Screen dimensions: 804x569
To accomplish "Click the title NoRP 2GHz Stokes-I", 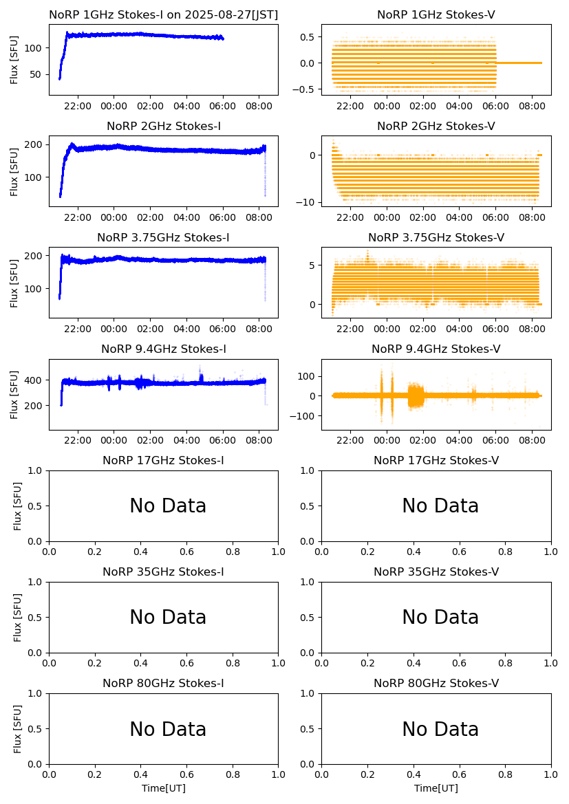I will (x=164, y=126).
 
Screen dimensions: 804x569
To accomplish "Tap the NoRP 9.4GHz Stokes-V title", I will (x=436, y=349).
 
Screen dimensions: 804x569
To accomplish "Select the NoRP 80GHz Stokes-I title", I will (x=164, y=683).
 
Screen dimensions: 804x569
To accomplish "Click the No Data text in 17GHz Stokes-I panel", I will (x=168, y=506).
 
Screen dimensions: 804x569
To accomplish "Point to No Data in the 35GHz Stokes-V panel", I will (x=440, y=618).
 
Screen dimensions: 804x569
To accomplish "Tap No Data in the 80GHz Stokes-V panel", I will (x=440, y=729).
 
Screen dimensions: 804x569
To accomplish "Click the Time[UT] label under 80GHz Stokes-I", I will (x=164, y=788).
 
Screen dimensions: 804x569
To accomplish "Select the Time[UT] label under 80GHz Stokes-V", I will (x=436, y=788).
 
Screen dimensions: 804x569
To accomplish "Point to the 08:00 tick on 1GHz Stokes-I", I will (x=258, y=106).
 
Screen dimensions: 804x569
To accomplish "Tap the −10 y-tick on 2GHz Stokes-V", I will (x=305, y=202).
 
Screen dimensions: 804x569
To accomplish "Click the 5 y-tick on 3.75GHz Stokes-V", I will (x=311, y=265).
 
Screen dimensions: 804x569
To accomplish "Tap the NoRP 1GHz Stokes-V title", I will (x=436, y=14).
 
